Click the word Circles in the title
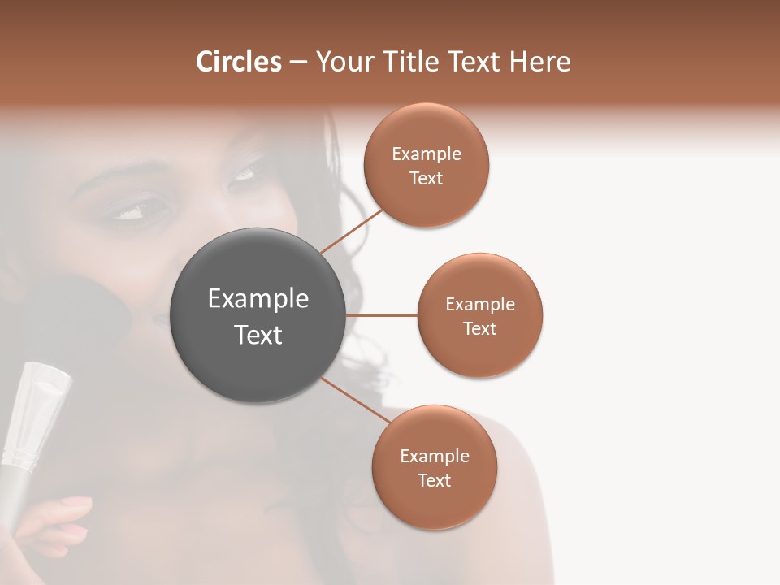(x=239, y=62)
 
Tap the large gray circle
(x=258, y=316)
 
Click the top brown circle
(x=426, y=165)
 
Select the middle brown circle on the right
(x=479, y=315)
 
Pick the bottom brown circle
(x=434, y=467)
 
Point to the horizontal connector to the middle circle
(x=382, y=315)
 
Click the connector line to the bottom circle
(x=354, y=400)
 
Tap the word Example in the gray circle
(x=258, y=298)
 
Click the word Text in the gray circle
(x=258, y=335)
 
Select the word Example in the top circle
(x=426, y=154)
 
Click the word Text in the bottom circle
(x=434, y=480)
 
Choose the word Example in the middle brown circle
(x=479, y=304)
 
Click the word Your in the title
(x=341, y=62)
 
